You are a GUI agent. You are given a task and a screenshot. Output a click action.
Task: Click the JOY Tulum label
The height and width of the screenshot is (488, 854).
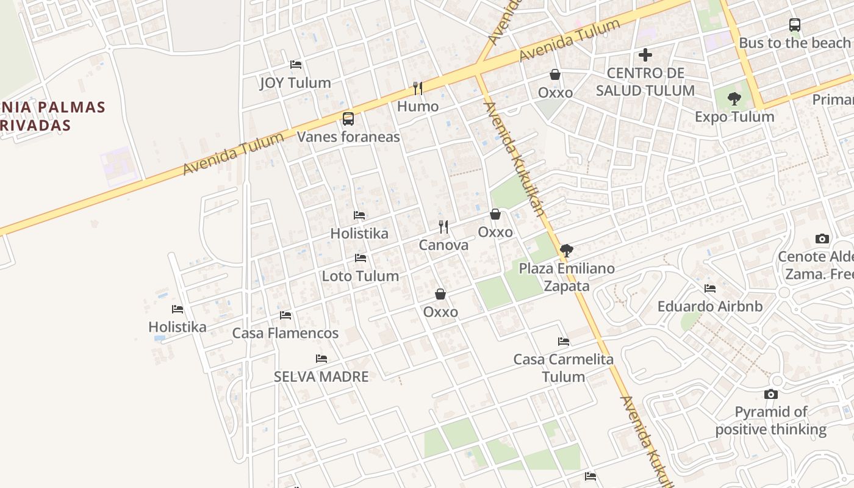point(295,83)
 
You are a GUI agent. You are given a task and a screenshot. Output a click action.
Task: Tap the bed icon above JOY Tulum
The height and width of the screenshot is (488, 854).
point(296,65)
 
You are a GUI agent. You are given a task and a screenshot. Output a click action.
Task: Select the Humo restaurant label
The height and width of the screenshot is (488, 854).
point(418,106)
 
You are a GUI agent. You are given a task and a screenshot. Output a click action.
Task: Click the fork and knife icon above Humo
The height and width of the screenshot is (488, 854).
point(418,88)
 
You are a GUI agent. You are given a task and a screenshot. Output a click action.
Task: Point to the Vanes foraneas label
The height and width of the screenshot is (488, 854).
point(348,137)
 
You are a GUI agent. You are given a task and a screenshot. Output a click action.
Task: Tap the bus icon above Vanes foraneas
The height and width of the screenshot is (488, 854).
point(348,119)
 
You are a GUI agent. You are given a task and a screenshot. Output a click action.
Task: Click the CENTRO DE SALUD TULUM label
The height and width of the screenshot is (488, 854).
point(645,82)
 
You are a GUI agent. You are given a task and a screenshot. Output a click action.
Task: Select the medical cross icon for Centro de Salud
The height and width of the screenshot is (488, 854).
point(645,55)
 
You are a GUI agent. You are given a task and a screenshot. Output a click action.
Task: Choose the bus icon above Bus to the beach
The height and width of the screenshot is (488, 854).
point(794,25)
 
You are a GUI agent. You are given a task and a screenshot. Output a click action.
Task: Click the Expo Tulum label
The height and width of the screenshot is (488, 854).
point(734,117)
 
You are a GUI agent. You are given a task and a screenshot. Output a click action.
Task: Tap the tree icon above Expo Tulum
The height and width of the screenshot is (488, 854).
point(734,98)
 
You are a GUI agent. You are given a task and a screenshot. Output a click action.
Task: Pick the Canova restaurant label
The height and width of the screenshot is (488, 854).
point(443,245)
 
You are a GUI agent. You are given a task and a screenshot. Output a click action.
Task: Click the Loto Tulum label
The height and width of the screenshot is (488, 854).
point(361,276)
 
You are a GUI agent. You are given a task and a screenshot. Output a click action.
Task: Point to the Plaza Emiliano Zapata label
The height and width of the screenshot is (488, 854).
point(567,277)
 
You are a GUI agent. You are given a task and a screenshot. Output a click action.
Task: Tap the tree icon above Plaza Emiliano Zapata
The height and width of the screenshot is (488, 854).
point(567,250)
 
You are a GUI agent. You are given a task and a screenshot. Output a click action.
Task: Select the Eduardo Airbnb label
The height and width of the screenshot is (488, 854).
point(710,306)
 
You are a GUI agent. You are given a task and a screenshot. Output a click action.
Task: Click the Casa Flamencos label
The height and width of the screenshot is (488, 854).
point(285,333)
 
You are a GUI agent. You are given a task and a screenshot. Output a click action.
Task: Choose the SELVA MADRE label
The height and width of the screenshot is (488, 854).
point(321,376)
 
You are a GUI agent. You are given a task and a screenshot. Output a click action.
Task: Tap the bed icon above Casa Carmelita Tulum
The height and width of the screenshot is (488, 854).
point(564,342)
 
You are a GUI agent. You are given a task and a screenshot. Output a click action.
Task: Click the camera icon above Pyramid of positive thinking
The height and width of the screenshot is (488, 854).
point(771,395)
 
